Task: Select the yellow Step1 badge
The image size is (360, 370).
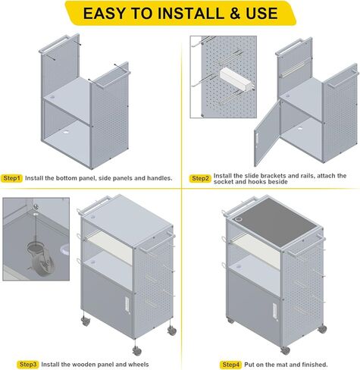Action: click(x=12, y=178)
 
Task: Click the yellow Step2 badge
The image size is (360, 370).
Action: click(x=200, y=178)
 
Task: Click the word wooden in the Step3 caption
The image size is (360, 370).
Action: click(x=83, y=364)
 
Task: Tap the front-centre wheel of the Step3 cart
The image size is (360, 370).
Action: click(x=136, y=350)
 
